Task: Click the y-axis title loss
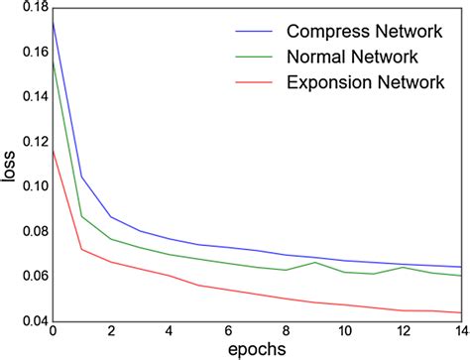(x=9, y=167)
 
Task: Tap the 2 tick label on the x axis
(x=111, y=331)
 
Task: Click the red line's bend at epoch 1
(x=81, y=249)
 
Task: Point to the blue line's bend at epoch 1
(x=81, y=177)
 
